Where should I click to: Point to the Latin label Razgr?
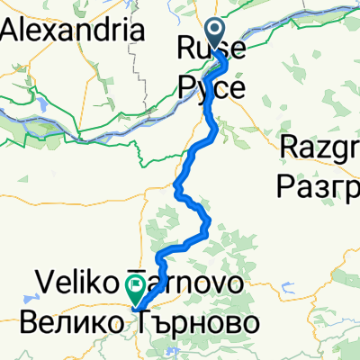[319, 145]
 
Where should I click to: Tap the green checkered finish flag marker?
[135, 288]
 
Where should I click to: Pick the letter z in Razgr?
[320, 145]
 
